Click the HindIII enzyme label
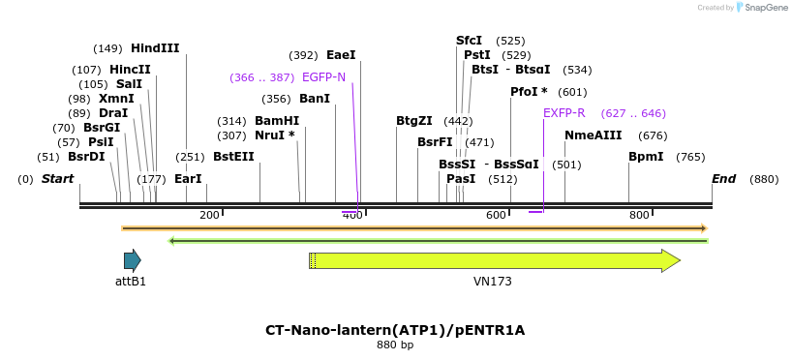point(155,48)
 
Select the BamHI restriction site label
point(277,121)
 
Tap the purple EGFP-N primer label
point(323,77)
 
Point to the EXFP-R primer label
point(564,113)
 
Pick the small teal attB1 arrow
point(132,260)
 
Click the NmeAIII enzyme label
point(593,135)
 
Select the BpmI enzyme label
point(646,157)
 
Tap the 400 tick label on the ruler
point(352,215)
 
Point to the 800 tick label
point(639,215)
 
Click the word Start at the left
point(58,179)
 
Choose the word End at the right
point(723,179)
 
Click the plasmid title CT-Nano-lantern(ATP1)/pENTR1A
point(395,330)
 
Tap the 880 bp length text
point(395,345)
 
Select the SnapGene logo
point(761,8)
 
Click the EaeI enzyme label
point(341,55)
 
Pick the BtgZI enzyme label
point(414,121)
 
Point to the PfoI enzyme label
point(529,92)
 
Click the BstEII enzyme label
point(233,157)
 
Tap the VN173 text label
point(493,282)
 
